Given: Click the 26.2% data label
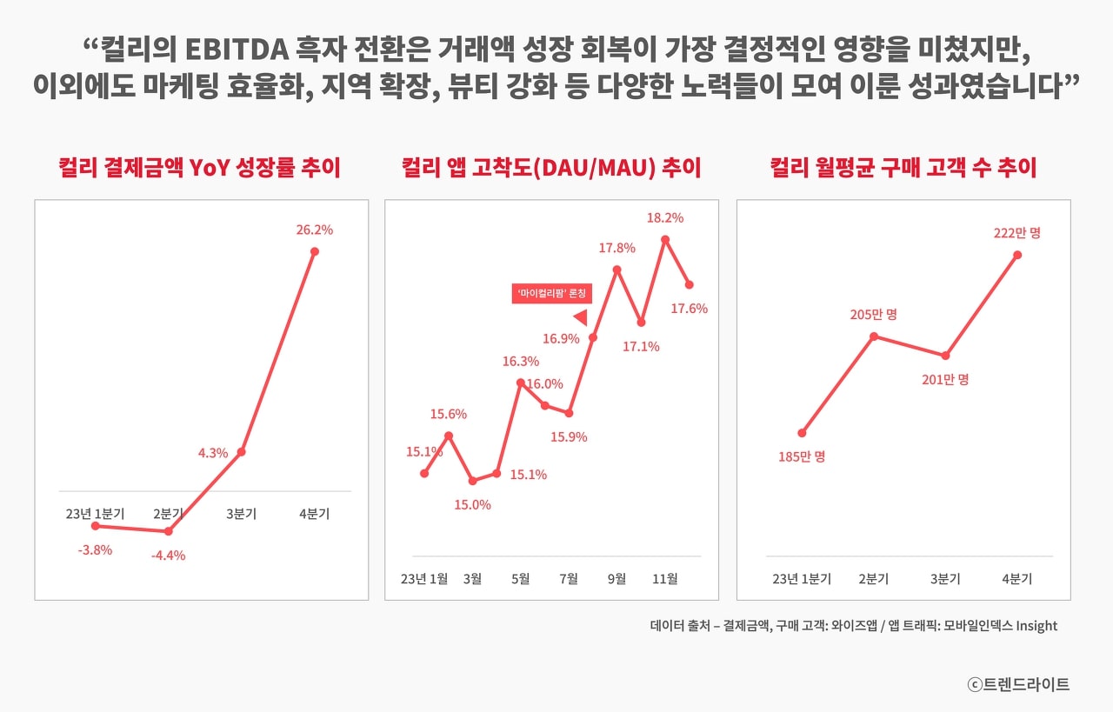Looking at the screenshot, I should tap(314, 230).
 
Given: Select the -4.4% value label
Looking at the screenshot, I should tap(168, 556).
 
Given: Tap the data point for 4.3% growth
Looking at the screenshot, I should tap(241, 451).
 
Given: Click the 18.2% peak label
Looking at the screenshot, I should tap(665, 218).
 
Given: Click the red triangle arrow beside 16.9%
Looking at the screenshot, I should tap(581, 317).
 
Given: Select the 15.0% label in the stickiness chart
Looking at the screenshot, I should tap(473, 504).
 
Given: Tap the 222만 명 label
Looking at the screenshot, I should tap(1017, 233).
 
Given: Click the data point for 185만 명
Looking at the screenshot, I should tap(803, 433).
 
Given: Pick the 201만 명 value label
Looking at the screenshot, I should tap(945, 380).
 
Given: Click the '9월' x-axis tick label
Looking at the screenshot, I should tap(616, 579).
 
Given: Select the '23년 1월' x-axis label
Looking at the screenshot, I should tap(424, 579).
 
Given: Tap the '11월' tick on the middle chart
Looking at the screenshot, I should tap(664, 579).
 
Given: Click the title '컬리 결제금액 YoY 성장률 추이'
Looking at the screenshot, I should tap(199, 168).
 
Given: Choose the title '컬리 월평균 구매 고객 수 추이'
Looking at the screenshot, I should tap(903, 168).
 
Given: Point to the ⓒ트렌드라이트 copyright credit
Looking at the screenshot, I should tap(1018, 684).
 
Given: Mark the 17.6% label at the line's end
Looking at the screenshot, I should tap(690, 308).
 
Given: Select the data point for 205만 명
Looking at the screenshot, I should tap(874, 336).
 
